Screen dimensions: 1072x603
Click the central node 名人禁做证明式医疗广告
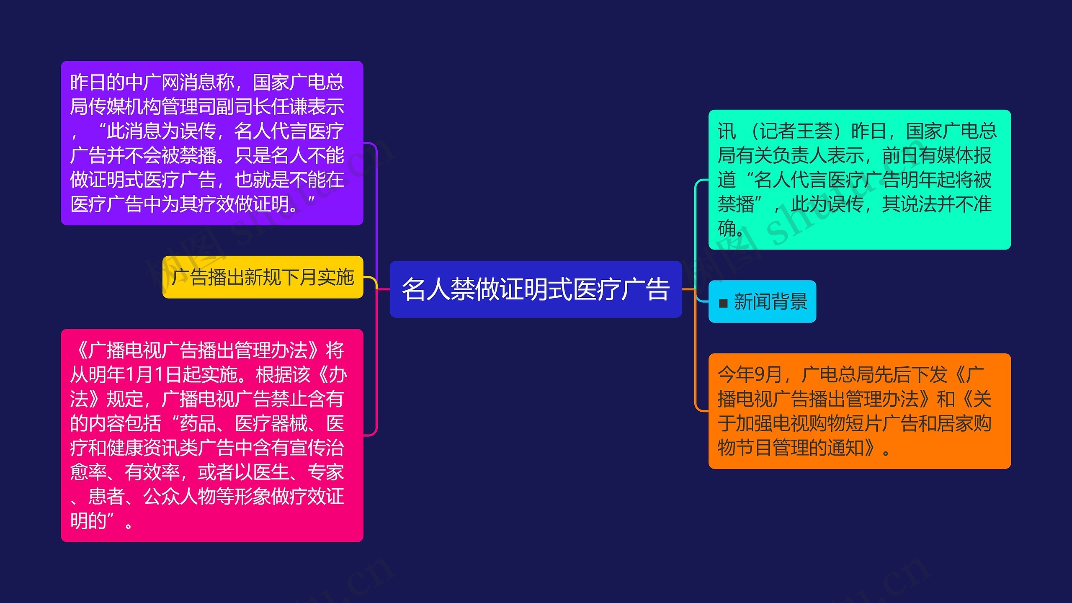pyautogui.click(x=536, y=289)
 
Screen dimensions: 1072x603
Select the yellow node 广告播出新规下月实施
pyautogui.click(x=263, y=277)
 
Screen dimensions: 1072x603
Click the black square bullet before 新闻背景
pyautogui.click(x=723, y=303)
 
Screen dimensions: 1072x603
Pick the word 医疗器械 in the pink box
pyautogui.click(x=271, y=423)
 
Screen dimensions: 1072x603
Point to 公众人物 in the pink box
pyautogui.click(x=180, y=497)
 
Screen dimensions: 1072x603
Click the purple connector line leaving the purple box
pyautogui.click(x=376, y=209)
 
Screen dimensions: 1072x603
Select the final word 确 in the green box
pyautogui.click(x=727, y=229)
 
